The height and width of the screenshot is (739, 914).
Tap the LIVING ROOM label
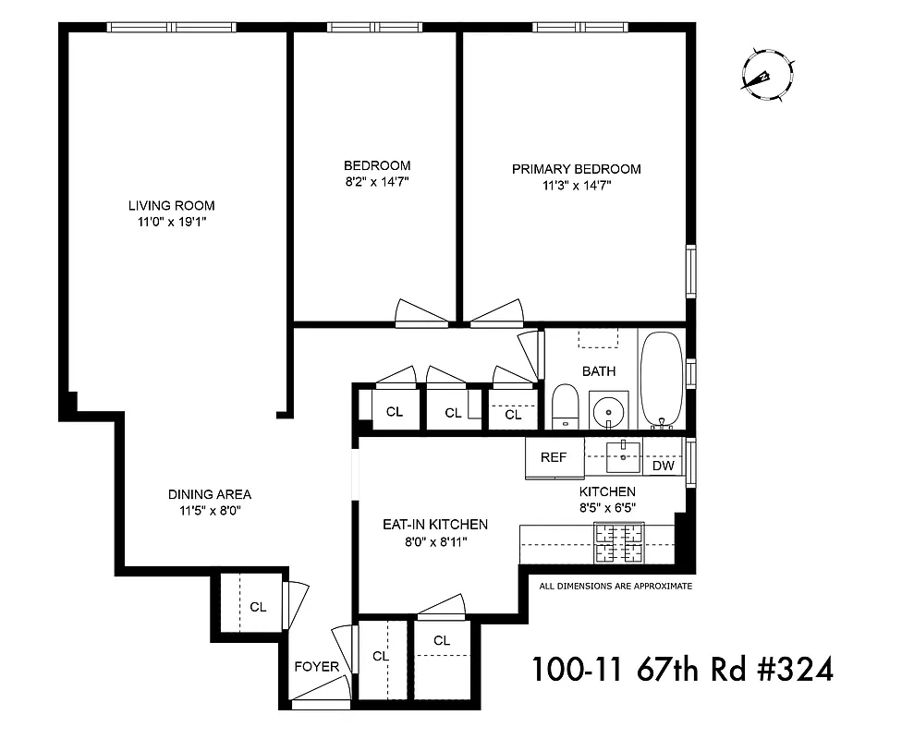(x=171, y=205)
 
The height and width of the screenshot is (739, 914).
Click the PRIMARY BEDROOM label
(x=576, y=169)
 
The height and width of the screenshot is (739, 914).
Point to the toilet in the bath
(x=565, y=407)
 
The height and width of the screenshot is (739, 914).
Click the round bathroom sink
(x=608, y=410)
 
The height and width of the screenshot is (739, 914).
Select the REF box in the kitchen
(x=554, y=456)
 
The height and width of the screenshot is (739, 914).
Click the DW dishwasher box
(x=663, y=466)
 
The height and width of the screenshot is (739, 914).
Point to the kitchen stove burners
(x=618, y=543)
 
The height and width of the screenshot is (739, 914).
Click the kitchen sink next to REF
(x=624, y=452)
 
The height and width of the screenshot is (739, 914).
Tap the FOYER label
(x=316, y=667)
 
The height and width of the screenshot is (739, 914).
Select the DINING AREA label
(x=210, y=494)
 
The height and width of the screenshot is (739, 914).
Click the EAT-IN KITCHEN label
(x=435, y=524)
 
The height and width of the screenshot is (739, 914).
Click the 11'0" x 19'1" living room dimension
(x=171, y=222)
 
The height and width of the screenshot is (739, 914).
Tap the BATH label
(x=598, y=371)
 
